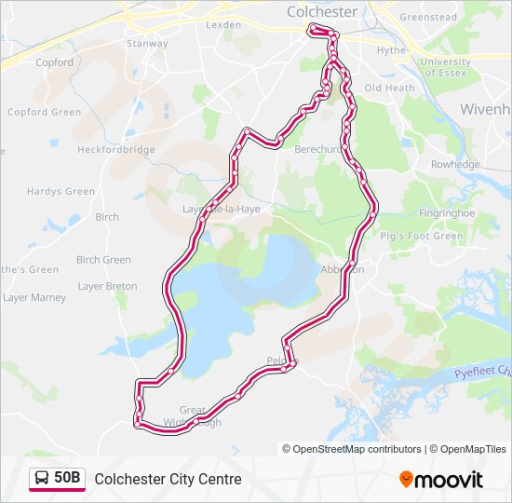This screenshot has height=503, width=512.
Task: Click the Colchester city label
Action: click(x=322, y=12)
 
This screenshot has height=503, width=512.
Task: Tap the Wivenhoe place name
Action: click(x=485, y=109)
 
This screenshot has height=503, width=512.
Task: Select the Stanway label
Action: click(x=147, y=44)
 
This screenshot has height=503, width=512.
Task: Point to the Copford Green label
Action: click(x=44, y=113)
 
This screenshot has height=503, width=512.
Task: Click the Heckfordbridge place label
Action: click(x=115, y=149)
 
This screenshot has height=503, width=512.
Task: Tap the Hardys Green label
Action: click(x=61, y=192)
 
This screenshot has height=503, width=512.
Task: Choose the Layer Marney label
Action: click(x=34, y=298)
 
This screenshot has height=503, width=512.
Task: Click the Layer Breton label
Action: click(x=107, y=286)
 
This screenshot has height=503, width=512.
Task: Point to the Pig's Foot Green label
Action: click(x=422, y=237)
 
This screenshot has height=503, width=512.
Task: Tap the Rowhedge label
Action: click(x=455, y=165)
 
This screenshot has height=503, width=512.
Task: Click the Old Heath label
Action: click(x=389, y=88)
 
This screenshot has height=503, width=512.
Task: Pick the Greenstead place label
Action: click(x=428, y=17)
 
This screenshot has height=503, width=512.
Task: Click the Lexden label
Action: click(x=222, y=24)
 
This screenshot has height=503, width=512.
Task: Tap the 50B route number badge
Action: click(x=68, y=479)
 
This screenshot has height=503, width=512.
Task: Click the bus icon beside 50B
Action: click(x=43, y=479)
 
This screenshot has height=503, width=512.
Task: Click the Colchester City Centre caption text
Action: click(x=168, y=479)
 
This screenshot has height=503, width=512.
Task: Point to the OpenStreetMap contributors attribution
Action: click(x=357, y=449)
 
